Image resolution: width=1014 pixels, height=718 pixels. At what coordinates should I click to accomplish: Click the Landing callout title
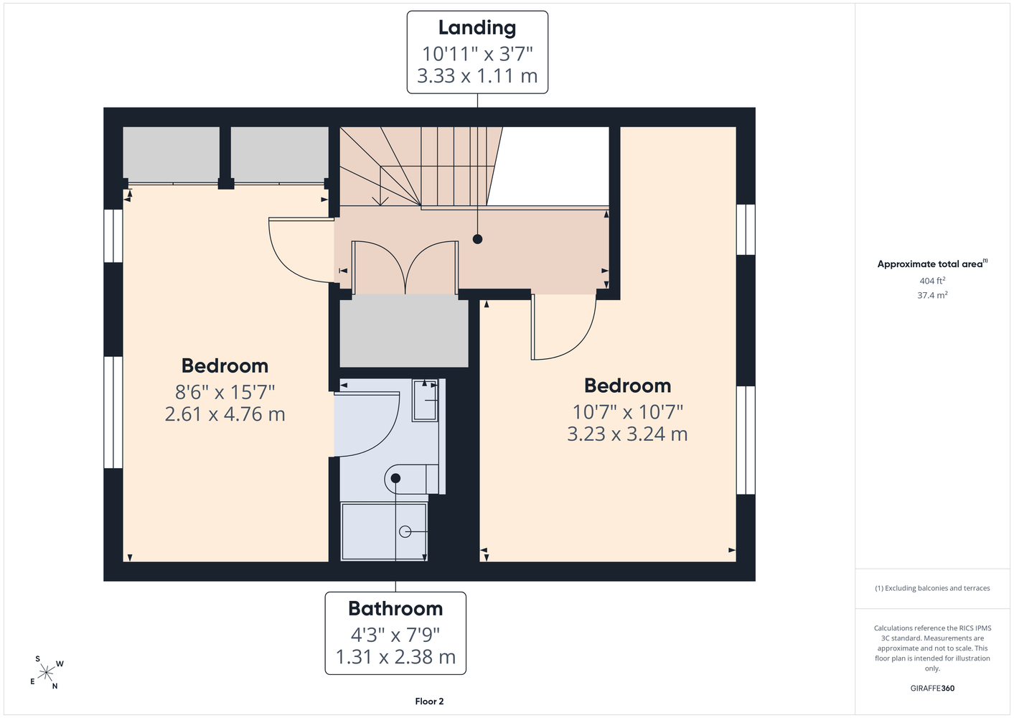(477, 28)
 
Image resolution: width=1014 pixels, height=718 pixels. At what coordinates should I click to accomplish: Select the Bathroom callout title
(395, 608)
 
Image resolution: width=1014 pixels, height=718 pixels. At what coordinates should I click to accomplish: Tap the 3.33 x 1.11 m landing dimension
(477, 75)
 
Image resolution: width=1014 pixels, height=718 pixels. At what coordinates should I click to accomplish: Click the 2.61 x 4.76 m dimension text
(225, 414)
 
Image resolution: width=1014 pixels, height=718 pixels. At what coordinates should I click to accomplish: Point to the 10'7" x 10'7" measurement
(627, 412)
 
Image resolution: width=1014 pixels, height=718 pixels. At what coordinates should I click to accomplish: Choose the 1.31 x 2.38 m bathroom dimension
(395, 657)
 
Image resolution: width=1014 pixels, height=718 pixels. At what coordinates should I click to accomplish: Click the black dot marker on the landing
(477, 239)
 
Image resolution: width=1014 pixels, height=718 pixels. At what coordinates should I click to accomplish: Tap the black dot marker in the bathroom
(395, 478)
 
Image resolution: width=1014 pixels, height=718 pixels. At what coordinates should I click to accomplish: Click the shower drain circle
(405, 531)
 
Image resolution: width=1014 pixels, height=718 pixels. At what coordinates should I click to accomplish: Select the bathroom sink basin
(425, 401)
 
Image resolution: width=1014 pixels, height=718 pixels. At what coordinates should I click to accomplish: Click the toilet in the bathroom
(411, 479)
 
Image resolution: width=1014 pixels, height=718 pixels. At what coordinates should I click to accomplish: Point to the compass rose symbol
(46, 673)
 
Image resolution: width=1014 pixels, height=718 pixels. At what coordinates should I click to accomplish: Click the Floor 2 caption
(429, 701)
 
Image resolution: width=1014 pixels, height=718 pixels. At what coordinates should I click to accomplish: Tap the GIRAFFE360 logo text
(932, 688)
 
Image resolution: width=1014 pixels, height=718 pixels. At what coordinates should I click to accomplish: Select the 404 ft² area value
(932, 281)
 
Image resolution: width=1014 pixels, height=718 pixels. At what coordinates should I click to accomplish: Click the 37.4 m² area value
(932, 295)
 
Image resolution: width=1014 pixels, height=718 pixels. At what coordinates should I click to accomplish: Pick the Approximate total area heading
(932, 264)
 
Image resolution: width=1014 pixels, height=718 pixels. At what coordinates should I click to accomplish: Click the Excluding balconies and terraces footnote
(932, 588)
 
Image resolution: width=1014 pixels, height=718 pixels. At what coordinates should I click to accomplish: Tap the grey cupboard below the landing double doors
(404, 331)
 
